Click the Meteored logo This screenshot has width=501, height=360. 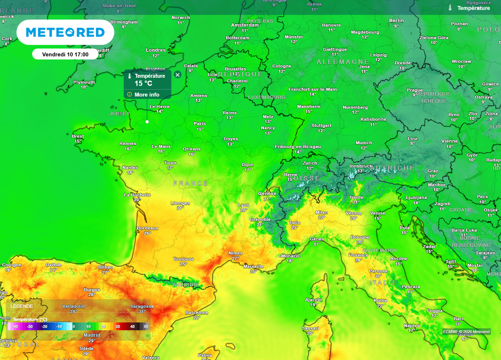[x=65, y=32]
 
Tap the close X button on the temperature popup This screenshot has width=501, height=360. [x=178, y=75]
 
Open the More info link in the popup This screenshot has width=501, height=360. [x=147, y=94]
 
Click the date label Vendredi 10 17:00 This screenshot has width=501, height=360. [x=65, y=54]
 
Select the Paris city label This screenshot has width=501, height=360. [x=200, y=123]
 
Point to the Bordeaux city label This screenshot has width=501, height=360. [x=147, y=228]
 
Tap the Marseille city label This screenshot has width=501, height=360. [x=253, y=266]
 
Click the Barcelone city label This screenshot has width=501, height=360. [x=197, y=313]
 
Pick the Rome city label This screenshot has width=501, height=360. [x=380, y=300]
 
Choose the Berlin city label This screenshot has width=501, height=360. [x=396, y=21]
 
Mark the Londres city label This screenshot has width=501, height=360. [x=156, y=50]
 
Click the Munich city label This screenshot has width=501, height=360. [x=364, y=143]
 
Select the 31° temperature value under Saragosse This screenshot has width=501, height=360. [x=142, y=312]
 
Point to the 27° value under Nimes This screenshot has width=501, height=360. [x=235, y=258]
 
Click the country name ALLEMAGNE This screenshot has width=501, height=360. [x=343, y=62]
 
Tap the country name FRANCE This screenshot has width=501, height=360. [x=191, y=183]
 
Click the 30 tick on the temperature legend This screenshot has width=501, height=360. [x=117, y=326]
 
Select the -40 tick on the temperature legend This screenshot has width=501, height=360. [x=15, y=326]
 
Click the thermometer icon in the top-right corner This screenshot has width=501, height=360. [x=450, y=8]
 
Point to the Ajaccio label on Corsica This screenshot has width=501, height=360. [x=313, y=299]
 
